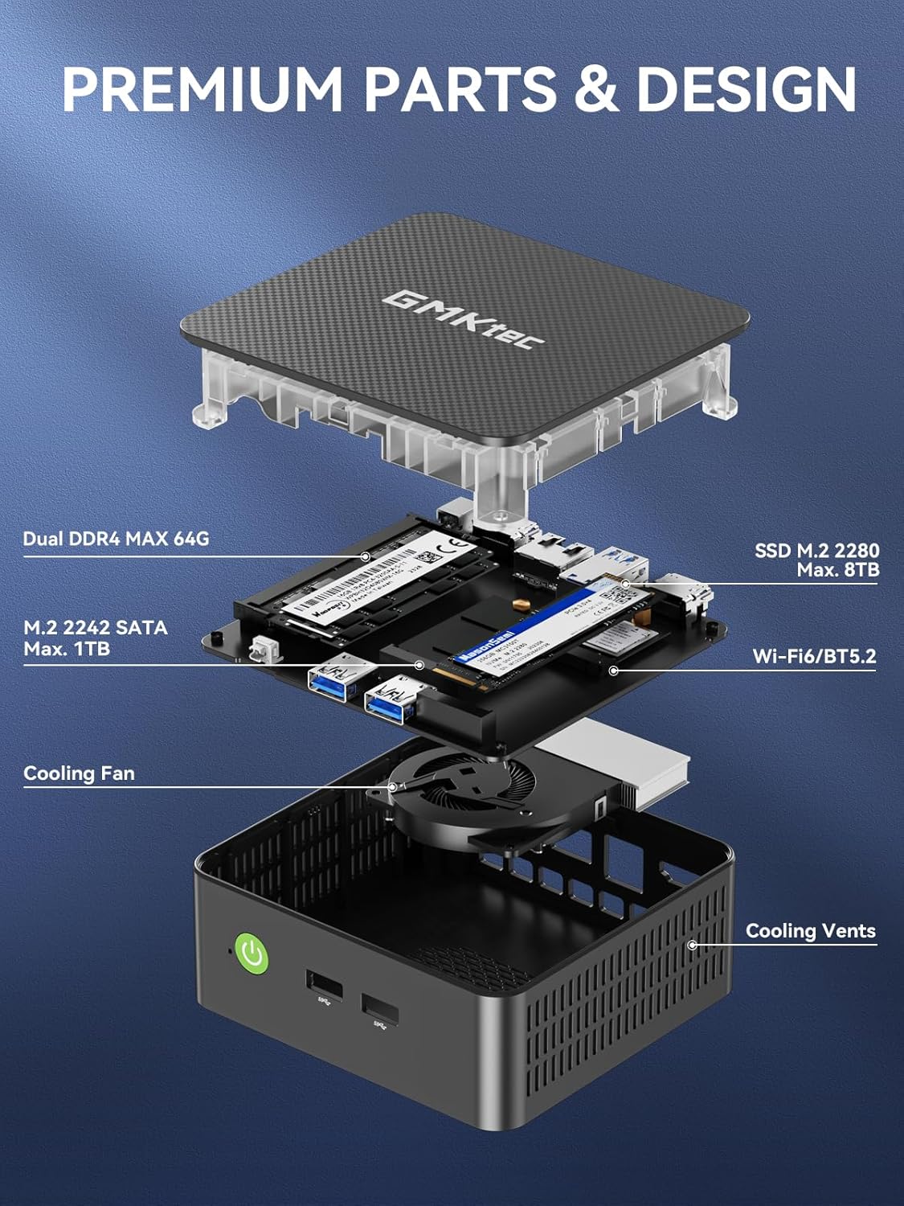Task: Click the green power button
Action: pyautogui.click(x=252, y=954)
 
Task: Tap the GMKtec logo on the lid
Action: pyautogui.click(x=463, y=320)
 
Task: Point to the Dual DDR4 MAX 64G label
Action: pyautogui.click(x=116, y=539)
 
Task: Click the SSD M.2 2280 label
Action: pyautogui.click(x=816, y=551)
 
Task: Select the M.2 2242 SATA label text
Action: pyautogui.click(x=96, y=628)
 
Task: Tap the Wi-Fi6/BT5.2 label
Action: pyautogui.click(x=814, y=656)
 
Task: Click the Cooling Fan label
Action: pyautogui.click(x=79, y=773)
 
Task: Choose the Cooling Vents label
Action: pyautogui.click(x=810, y=931)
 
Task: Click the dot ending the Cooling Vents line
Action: pyautogui.click(x=692, y=946)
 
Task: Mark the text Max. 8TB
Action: pyautogui.click(x=837, y=570)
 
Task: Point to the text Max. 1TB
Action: pyautogui.click(x=67, y=648)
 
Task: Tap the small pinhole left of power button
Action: pyautogui.click(x=231, y=950)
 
